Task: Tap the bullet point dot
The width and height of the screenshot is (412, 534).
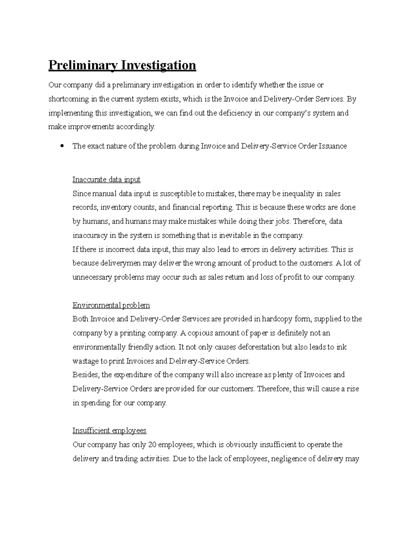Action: pyautogui.click(x=62, y=146)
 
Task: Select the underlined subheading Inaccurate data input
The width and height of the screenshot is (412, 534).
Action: pyautogui.click(x=106, y=179)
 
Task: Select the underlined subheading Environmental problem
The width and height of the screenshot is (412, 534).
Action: pyautogui.click(x=111, y=305)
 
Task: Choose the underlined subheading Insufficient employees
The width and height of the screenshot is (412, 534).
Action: pyautogui.click(x=110, y=431)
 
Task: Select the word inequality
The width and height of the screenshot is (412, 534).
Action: pyautogui.click(x=298, y=194)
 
